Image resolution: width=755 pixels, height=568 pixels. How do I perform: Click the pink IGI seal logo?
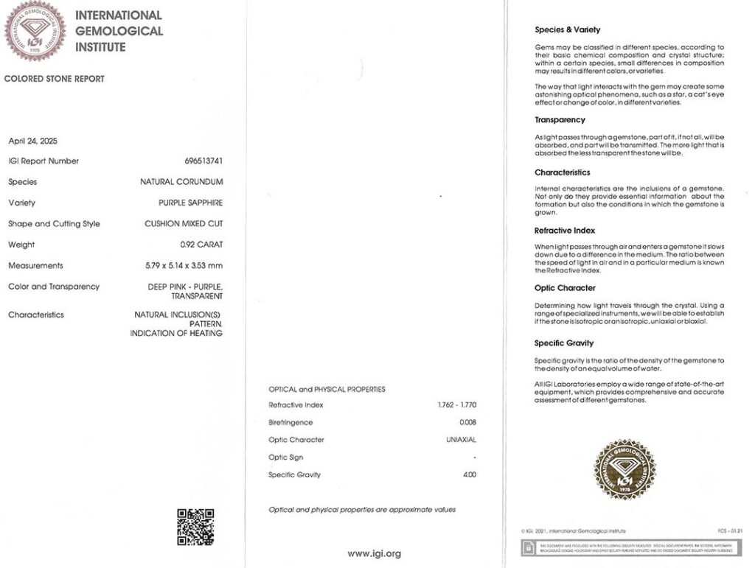(x=35, y=31)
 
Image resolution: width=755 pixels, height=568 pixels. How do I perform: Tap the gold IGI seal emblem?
(x=624, y=469)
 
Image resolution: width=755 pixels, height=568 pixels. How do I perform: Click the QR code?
(x=195, y=526)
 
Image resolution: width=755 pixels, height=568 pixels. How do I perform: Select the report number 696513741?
(x=203, y=161)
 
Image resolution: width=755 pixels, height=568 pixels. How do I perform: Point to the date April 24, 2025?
(x=32, y=141)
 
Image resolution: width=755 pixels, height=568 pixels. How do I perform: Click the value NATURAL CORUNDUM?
(x=181, y=182)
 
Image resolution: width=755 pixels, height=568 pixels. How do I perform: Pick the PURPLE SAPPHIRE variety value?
(x=190, y=203)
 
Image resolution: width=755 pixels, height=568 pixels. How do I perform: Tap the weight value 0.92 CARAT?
(x=201, y=245)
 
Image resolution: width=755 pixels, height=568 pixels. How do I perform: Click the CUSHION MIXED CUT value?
(x=184, y=224)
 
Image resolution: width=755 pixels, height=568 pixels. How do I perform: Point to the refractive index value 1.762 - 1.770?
(x=456, y=405)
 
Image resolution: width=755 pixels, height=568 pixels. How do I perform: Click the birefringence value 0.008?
(x=467, y=423)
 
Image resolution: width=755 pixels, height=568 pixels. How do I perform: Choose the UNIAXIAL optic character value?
(x=461, y=440)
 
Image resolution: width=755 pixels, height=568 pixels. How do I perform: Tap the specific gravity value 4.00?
(x=469, y=475)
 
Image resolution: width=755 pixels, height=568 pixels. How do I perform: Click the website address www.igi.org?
(x=375, y=553)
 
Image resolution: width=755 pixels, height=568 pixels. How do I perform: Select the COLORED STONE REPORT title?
(x=55, y=79)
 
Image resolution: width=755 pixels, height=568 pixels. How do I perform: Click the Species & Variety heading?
(x=567, y=30)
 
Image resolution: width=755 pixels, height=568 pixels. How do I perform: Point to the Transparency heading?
(x=560, y=120)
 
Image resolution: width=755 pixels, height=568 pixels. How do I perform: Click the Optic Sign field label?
(x=286, y=457)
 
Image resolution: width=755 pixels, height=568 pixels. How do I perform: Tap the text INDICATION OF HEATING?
(x=176, y=334)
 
